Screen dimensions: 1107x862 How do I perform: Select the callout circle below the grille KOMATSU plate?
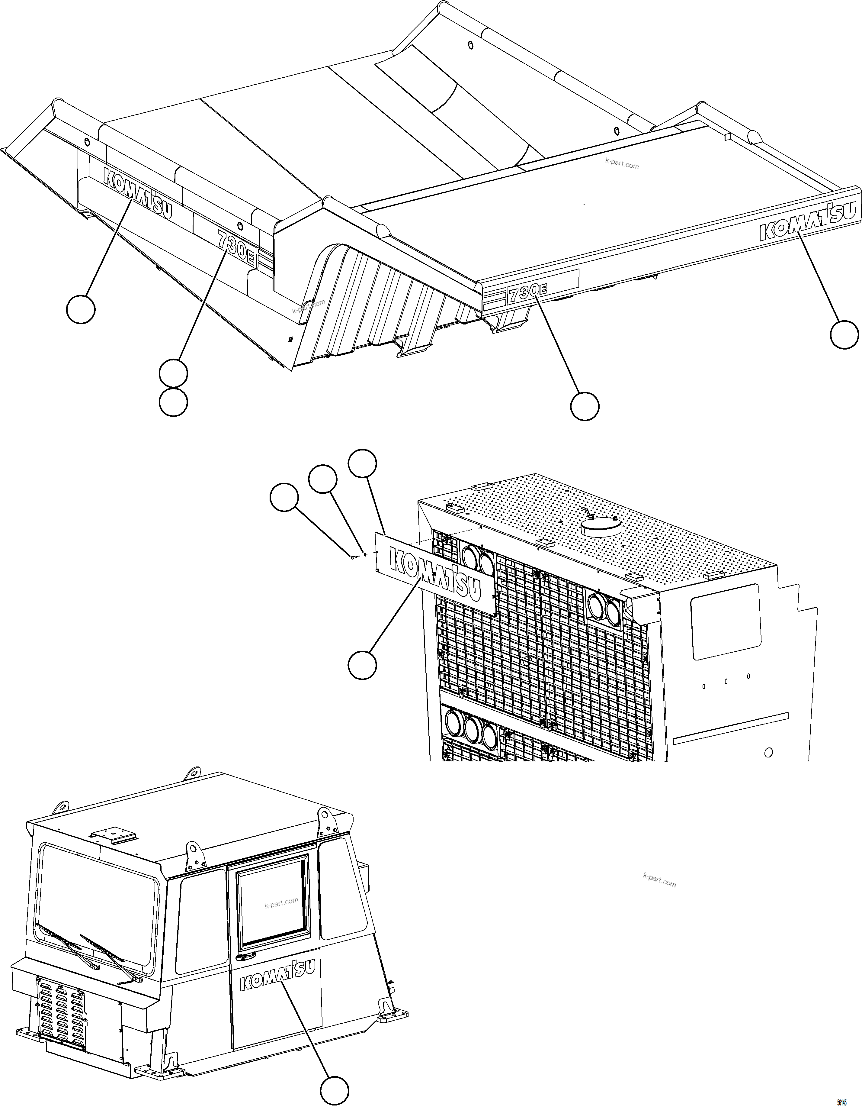(x=362, y=663)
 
